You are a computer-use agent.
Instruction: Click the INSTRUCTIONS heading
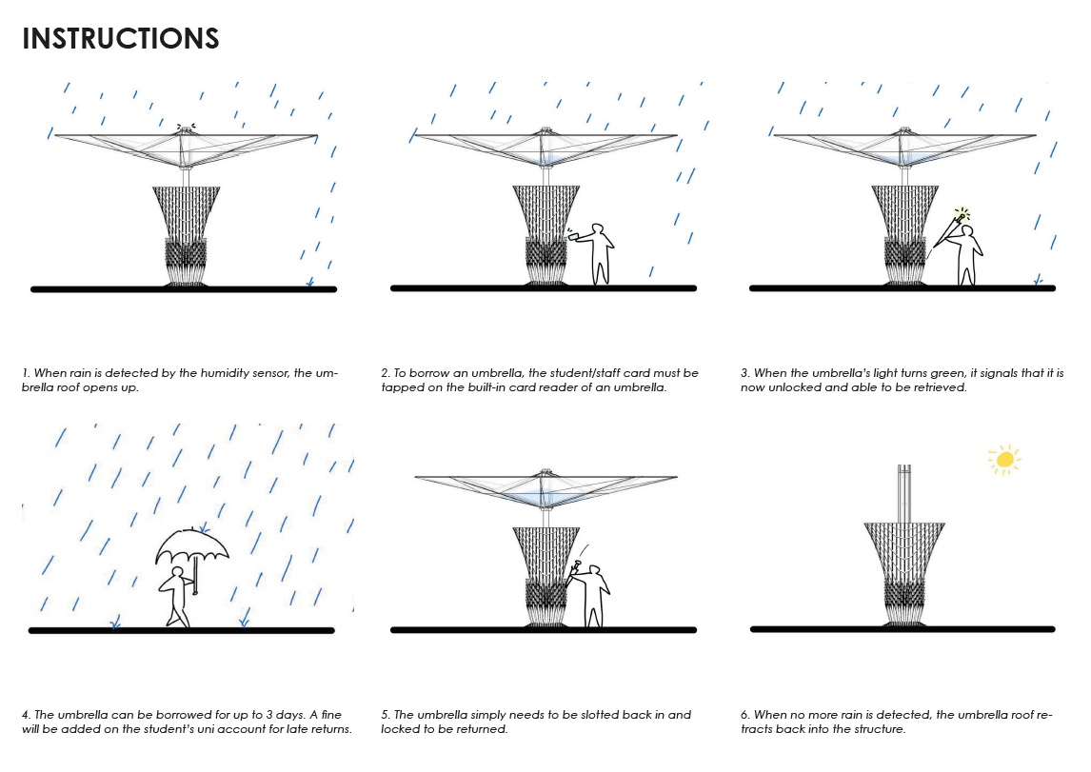(121, 39)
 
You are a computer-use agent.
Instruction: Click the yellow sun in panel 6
(1003, 460)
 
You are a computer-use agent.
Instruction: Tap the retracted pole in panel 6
(904, 492)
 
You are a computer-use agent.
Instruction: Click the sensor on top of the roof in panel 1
(185, 128)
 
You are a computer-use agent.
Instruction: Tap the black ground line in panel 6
(903, 629)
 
